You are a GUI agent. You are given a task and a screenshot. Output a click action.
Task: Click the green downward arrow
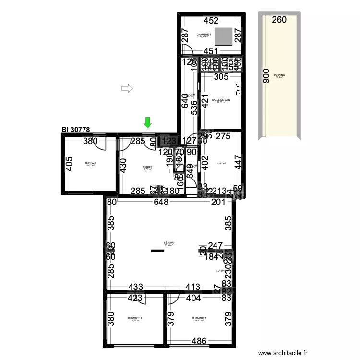148,122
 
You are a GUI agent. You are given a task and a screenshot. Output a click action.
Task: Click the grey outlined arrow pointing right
127,88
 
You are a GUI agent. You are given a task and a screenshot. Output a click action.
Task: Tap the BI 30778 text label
76,130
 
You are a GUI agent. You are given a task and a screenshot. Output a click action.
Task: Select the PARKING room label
279,76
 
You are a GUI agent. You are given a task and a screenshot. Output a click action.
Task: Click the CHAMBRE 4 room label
204,35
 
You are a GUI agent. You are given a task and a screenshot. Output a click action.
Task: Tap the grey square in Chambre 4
223,36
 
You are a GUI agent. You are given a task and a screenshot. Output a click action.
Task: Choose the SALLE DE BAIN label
221,100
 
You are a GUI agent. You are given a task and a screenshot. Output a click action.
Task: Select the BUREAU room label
90,163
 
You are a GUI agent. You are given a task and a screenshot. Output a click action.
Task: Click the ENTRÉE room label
147,168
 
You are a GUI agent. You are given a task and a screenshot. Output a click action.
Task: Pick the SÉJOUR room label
168,243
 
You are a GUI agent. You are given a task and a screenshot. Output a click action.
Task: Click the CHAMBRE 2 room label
135,318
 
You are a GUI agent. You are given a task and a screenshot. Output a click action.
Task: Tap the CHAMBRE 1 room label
199,318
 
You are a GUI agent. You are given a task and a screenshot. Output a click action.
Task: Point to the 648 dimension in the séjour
161,203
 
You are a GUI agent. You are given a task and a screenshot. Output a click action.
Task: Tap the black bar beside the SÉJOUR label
157,251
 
